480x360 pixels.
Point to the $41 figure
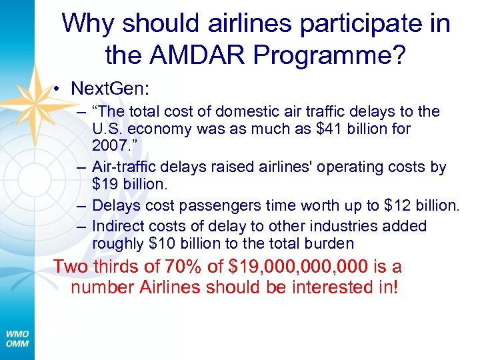[327, 128]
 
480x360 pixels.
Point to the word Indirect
[116, 227]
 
